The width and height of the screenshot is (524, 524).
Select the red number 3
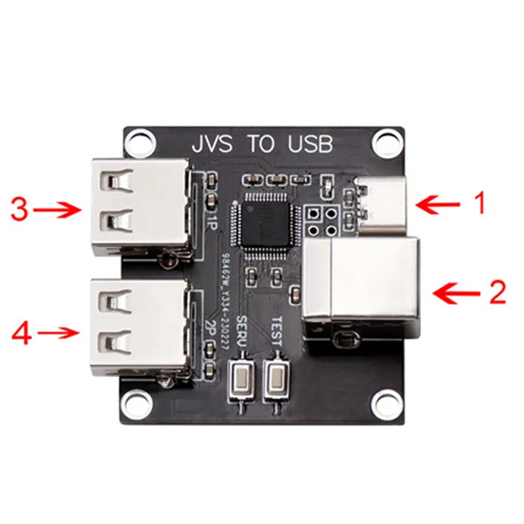(20, 210)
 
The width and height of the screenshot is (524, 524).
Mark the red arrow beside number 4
(60, 333)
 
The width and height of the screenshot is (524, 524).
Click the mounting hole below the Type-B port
(386, 401)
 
